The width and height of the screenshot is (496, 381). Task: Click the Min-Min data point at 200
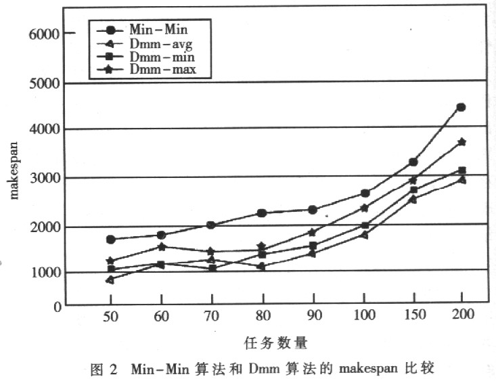(461, 107)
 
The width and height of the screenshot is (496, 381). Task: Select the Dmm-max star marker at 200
(461, 142)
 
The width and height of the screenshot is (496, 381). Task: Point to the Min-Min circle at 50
(110, 240)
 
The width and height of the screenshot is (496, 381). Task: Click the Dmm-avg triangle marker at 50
(110, 279)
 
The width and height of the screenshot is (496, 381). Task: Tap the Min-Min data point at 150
(413, 162)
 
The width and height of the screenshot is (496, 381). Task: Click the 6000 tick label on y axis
(43, 33)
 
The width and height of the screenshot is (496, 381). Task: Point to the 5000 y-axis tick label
(43, 83)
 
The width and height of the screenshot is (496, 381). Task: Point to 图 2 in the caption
(104, 369)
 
